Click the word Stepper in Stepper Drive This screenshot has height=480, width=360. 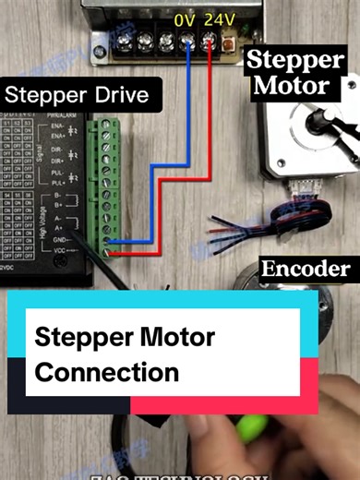click(42, 95)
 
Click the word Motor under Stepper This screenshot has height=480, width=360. click(291, 87)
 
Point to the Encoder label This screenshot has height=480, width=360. click(306, 270)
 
